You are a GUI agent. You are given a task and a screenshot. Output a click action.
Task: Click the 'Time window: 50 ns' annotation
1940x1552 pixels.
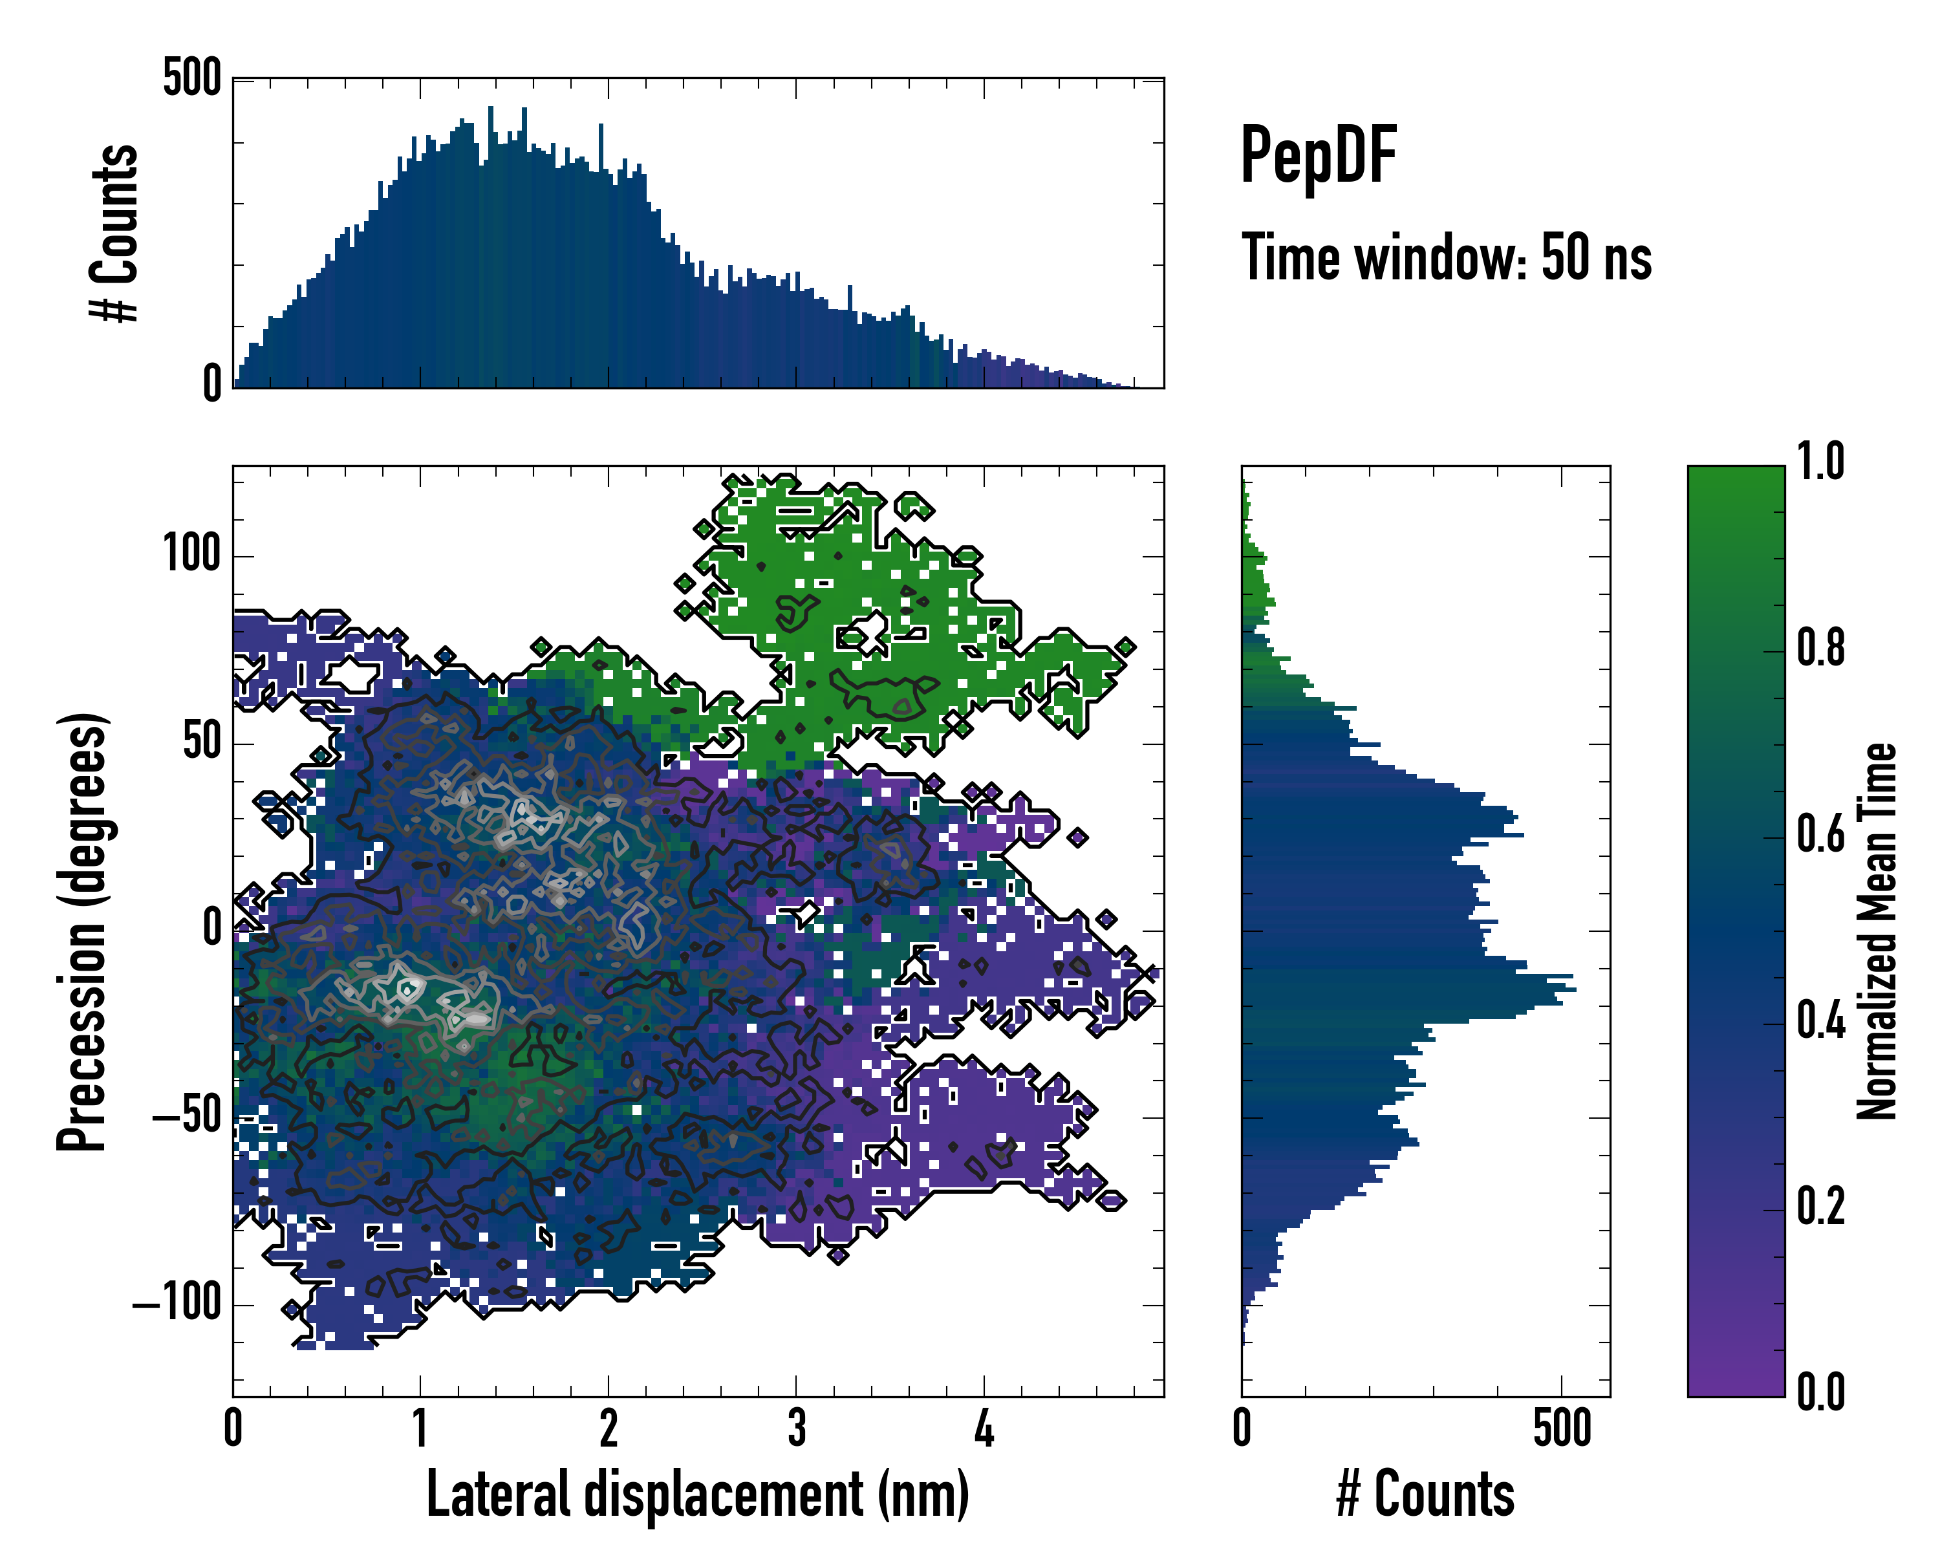coord(1446,258)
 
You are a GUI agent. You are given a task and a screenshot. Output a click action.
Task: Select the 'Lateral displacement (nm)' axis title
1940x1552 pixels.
coord(697,1494)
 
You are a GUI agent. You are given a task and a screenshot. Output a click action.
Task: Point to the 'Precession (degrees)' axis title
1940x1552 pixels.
coord(83,931)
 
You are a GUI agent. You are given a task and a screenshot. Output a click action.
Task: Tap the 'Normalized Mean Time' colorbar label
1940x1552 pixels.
coord(1877,931)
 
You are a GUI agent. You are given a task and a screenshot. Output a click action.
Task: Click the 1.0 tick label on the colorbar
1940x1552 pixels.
coord(1820,462)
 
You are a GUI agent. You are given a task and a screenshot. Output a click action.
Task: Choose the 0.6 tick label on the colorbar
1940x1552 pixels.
coord(1820,834)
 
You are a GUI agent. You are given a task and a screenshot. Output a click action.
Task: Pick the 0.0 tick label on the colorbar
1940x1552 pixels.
coord(1820,1392)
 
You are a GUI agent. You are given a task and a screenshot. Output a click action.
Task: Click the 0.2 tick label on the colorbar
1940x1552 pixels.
coord(1820,1207)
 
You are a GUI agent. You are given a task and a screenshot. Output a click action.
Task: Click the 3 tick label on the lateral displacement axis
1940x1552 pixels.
coord(796,1428)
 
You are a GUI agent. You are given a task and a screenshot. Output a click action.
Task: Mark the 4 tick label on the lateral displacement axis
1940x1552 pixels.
coord(984,1428)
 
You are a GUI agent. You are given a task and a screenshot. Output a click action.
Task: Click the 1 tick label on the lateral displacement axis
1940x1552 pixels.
coord(420,1428)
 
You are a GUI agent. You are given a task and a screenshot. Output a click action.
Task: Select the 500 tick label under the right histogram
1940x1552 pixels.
coord(1562,1428)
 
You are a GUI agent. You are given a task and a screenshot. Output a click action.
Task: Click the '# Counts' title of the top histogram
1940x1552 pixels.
coord(115,233)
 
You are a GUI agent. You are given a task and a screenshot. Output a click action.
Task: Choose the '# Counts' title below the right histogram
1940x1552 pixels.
coord(1425,1494)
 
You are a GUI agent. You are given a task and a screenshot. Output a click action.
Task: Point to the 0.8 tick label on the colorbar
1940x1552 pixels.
coord(1820,648)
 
